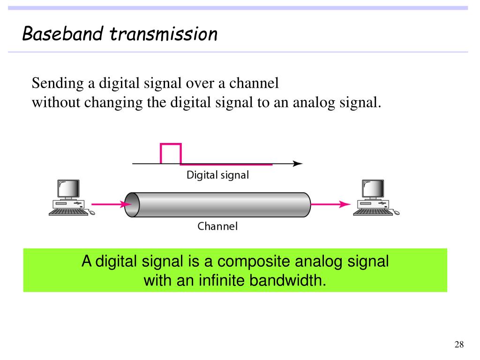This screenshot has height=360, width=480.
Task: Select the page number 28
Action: point(459,345)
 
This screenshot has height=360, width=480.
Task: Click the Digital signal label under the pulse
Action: point(217,175)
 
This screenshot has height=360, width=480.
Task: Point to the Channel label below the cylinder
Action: point(217,226)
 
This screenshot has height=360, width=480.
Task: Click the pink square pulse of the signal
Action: point(171,153)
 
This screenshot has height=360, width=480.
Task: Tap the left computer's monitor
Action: point(67,189)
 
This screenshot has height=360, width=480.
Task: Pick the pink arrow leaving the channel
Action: point(330,204)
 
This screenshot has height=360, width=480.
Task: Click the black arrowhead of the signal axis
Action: point(298,164)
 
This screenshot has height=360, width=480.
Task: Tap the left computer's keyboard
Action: point(68,212)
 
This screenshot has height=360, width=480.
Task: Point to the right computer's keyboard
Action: point(373,212)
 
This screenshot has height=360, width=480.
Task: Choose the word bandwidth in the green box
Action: point(287,281)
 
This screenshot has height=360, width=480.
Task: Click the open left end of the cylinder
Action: point(132,204)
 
